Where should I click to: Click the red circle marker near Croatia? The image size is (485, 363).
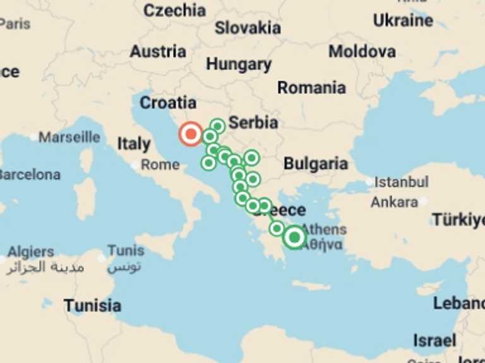190,134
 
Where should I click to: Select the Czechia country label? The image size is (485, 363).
174,10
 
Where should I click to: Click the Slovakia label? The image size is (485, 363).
248,28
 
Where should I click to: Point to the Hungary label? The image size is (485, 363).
239,64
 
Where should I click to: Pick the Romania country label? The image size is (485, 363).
311,88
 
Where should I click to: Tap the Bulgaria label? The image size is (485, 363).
315,164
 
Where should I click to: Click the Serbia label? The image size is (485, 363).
253,122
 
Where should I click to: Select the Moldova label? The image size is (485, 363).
362,51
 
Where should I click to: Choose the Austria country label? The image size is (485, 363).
158,51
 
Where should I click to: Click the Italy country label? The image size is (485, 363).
133,144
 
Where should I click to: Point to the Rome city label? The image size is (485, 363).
160,164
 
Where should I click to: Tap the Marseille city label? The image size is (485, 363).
69,137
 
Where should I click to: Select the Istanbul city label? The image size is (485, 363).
401,182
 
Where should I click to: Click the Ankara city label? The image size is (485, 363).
394,202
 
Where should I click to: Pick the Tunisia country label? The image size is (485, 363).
92,306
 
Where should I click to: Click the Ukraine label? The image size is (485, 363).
403,20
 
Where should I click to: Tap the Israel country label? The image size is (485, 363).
434,340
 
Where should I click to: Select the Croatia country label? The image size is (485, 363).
168,102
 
